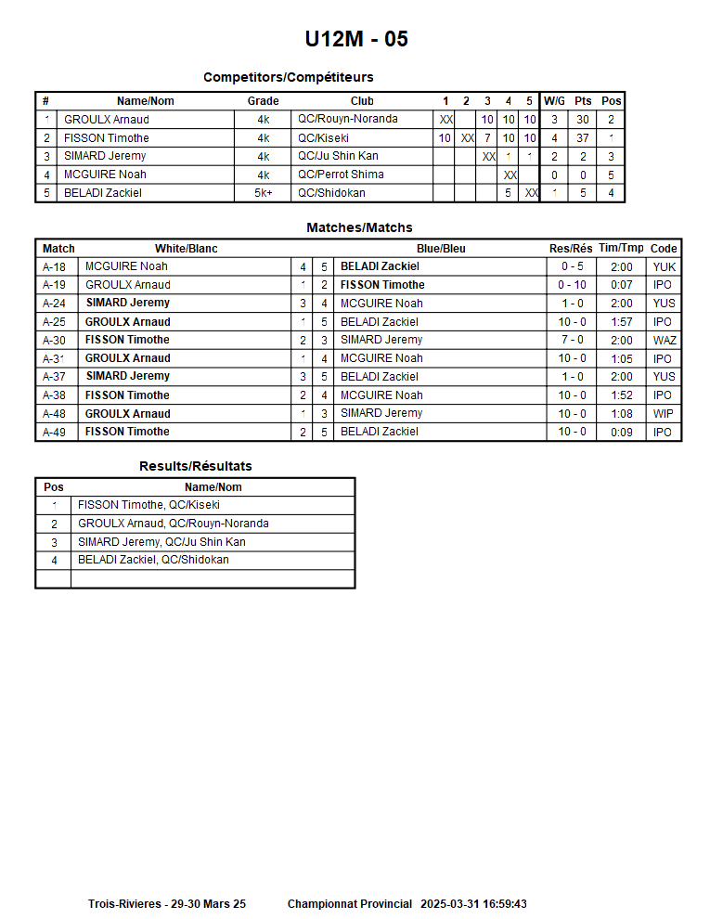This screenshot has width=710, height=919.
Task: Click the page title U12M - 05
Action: [356, 39]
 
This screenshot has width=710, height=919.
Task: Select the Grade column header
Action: [263, 101]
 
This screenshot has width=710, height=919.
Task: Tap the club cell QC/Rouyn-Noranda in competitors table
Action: [347, 120]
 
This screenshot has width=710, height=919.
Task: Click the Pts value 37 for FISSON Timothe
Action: [583, 138]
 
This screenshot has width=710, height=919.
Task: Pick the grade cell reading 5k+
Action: [263, 193]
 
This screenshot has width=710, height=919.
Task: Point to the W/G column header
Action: [554, 101]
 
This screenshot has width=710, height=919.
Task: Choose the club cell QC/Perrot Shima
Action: [340, 175]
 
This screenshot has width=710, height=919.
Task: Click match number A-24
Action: [55, 304]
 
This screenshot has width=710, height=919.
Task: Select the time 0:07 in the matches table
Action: [621, 285]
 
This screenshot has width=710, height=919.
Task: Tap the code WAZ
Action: [664, 340]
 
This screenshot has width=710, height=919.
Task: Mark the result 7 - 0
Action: [572, 340]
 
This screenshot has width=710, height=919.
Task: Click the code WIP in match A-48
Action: [664, 413]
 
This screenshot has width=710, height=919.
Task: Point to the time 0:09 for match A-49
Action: [621, 432]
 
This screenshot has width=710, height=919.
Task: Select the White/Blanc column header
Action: [186, 249]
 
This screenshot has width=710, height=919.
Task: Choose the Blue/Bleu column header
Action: [441, 249]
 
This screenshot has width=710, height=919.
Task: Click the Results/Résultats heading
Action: [195, 466]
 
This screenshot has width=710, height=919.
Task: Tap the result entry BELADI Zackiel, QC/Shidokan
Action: [153, 560]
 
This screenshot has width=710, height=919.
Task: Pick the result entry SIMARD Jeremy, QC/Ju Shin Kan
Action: [161, 542]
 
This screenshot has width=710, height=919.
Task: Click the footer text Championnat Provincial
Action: [349, 904]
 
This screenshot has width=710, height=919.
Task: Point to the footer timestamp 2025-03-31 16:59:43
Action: [473, 904]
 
